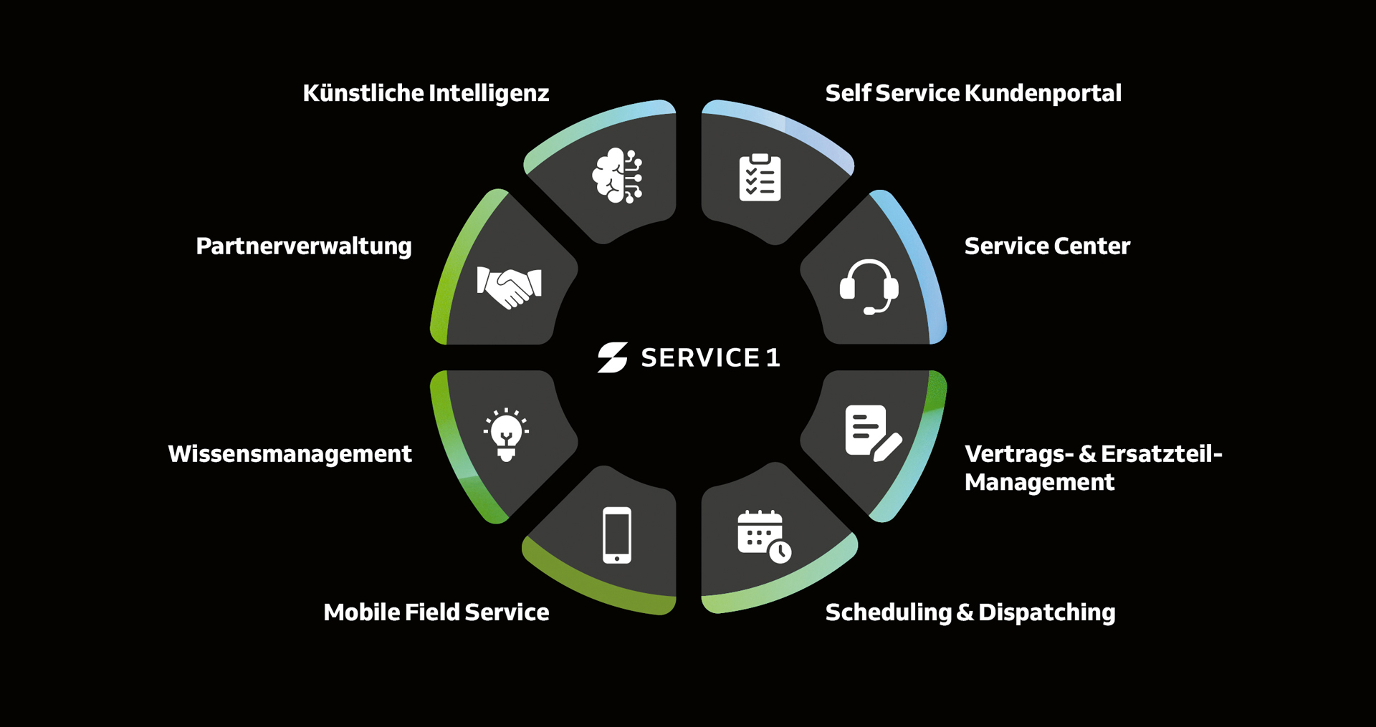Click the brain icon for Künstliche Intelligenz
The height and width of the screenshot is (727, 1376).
(x=617, y=175)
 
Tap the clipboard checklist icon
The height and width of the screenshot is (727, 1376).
(x=760, y=177)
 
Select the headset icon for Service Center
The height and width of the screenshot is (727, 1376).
(x=869, y=287)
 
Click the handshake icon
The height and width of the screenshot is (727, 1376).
(x=509, y=287)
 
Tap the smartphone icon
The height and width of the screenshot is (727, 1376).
(x=617, y=535)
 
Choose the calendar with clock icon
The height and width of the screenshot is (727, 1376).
(x=764, y=536)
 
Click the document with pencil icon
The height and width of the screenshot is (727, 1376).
(x=873, y=433)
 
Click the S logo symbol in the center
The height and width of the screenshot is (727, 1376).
(x=613, y=357)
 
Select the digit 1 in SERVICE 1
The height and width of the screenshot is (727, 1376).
(x=773, y=357)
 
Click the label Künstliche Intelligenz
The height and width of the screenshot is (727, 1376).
(x=426, y=94)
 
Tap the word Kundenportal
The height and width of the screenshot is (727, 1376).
(x=1043, y=93)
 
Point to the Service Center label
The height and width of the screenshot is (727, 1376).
(x=1047, y=246)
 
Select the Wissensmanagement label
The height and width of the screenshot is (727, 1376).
(x=290, y=454)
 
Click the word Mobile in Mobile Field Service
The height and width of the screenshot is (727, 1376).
(x=361, y=612)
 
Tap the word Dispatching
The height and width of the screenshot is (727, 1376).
(x=1046, y=613)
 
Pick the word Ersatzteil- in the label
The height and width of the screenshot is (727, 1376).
(x=1162, y=454)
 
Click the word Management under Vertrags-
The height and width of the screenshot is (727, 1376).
(x=1039, y=483)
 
